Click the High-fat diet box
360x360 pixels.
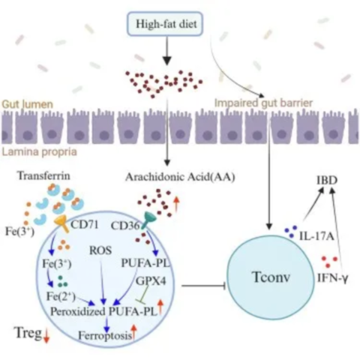pyautogui.click(x=165, y=24)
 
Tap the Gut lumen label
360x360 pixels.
pyautogui.click(x=28, y=104)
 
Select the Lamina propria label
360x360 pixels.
pyautogui.click(x=40, y=152)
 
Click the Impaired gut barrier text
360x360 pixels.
pyautogui.click(x=263, y=103)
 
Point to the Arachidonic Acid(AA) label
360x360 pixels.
pyautogui.click(x=180, y=177)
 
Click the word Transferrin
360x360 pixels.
pyautogui.click(x=43, y=175)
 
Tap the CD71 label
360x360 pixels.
pyautogui.click(x=85, y=225)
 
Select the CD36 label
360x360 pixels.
pyautogui.click(x=125, y=226)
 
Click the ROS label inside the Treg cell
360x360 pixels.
pyautogui.click(x=100, y=250)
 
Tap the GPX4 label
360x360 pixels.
pyautogui.click(x=151, y=281)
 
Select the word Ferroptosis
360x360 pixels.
pyautogui.click(x=105, y=335)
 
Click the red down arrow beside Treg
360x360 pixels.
pyautogui.click(x=46, y=336)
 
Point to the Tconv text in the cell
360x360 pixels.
pyautogui.click(x=271, y=277)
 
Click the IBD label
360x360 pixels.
pyautogui.click(x=327, y=180)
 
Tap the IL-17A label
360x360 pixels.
pyautogui.click(x=316, y=236)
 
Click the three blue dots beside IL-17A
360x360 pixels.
pyautogui.click(x=291, y=232)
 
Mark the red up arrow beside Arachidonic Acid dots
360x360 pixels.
pyautogui.click(x=176, y=203)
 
